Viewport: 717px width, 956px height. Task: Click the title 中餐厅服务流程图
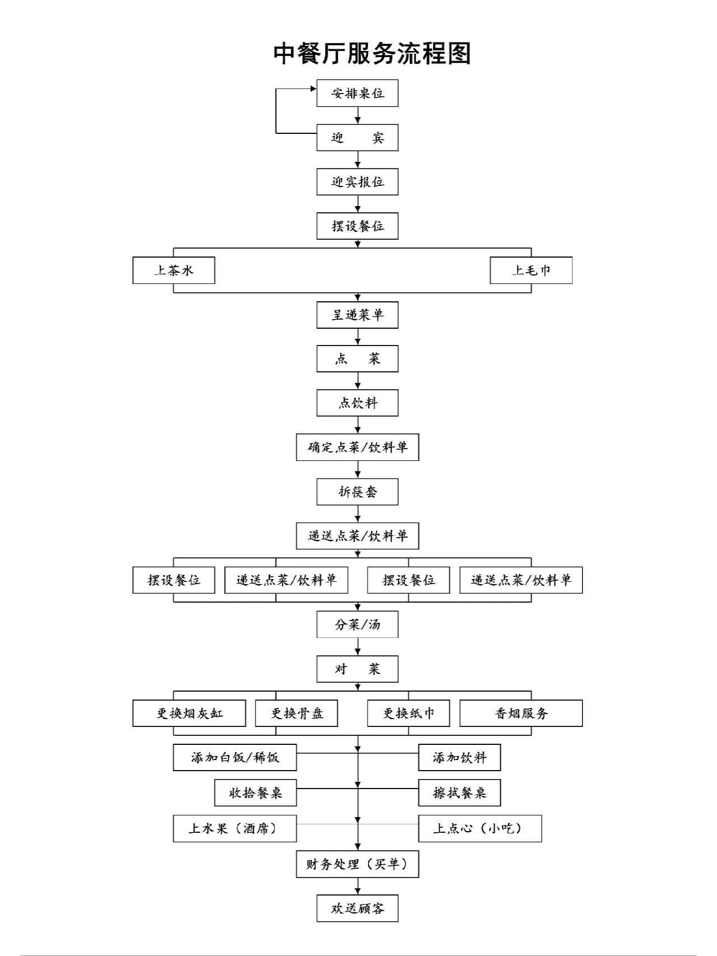(x=372, y=54)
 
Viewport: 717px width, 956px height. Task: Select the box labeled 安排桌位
(x=357, y=94)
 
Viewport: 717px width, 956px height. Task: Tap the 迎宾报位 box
(x=357, y=182)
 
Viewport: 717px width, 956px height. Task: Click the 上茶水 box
(x=174, y=271)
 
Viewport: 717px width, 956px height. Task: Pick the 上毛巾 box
(x=531, y=271)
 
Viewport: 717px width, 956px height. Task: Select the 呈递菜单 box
(x=357, y=315)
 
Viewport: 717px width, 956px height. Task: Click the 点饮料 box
(x=357, y=403)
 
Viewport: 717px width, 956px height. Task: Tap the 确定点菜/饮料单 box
(x=357, y=447)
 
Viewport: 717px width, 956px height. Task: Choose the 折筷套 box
(x=357, y=492)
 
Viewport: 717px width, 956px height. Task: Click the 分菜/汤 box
(x=357, y=624)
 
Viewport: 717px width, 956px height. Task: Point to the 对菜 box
(x=357, y=669)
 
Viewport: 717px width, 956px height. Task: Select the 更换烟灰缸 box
(x=189, y=713)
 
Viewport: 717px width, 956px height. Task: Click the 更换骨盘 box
(x=296, y=713)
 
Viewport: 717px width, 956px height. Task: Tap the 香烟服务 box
(x=521, y=713)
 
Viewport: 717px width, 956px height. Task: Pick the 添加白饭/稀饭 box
(x=235, y=757)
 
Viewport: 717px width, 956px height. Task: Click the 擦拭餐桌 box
(x=459, y=792)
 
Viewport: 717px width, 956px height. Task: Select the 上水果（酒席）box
(x=235, y=828)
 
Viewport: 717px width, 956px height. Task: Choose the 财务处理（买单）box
(x=357, y=864)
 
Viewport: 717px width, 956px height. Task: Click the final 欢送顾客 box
(x=357, y=908)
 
